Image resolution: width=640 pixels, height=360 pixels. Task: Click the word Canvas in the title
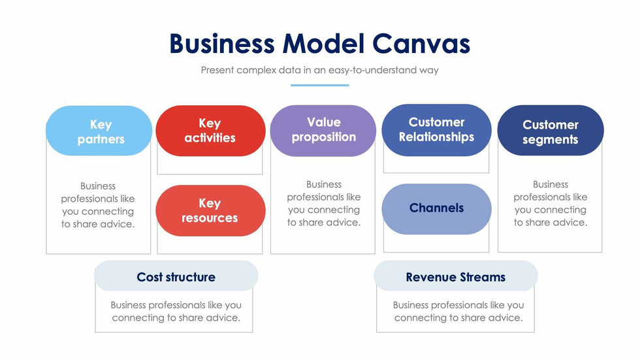[x=421, y=44]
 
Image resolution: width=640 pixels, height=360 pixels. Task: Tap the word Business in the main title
[x=222, y=44]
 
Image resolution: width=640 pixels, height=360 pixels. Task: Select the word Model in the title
[x=324, y=44]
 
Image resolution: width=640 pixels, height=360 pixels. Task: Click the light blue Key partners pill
[x=99, y=131]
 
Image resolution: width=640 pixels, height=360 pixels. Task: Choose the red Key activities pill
[x=210, y=131]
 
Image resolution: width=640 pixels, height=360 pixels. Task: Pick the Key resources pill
[x=210, y=210]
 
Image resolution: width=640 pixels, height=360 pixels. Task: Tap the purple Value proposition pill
[x=323, y=130]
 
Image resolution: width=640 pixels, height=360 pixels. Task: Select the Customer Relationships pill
[x=436, y=130]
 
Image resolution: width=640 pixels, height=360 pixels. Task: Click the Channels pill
[x=436, y=208]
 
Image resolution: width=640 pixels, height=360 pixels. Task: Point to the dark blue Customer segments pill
[x=550, y=131]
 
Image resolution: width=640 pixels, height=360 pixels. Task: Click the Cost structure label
[x=176, y=277]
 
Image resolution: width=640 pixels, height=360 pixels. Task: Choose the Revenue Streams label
[x=455, y=277]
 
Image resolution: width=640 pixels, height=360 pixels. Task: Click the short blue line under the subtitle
[x=319, y=85]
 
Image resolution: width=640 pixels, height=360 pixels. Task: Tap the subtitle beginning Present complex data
[x=319, y=70]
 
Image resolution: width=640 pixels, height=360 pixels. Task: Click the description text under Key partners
[x=98, y=205]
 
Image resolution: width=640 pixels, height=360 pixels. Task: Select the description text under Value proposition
[x=324, y=203]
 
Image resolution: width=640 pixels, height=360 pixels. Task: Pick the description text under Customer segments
[x=551, y=203]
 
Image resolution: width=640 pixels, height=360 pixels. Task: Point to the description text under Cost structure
[x=176, y=311]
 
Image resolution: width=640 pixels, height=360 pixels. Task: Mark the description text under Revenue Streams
[x=458, y=311]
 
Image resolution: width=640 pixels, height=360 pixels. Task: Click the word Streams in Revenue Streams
[x=481, y=277]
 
